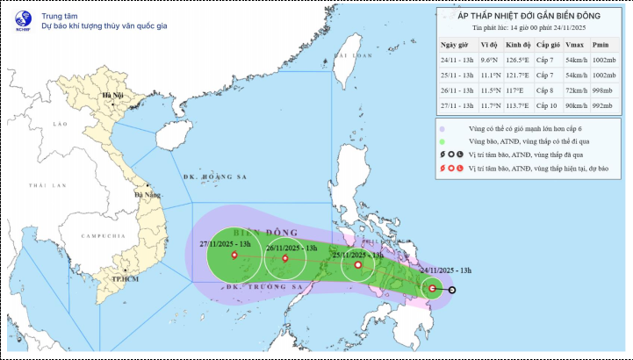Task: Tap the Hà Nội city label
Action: pyautogui.click(x=112, y=95)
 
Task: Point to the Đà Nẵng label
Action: pyautogui.click(x=148, y=194)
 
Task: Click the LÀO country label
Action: pyautogui.click(x=60, y=125)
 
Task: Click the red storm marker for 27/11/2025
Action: pyautogui.click(x=234, y=256)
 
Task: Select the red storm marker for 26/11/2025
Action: pyautogui.click(x=284, y=258)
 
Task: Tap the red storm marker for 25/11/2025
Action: pyautogui.click(x=357, y=265)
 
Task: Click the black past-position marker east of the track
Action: pyautogui.click(x=452, y=290)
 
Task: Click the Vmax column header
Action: pyautogui.click(x=575, y=45)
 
